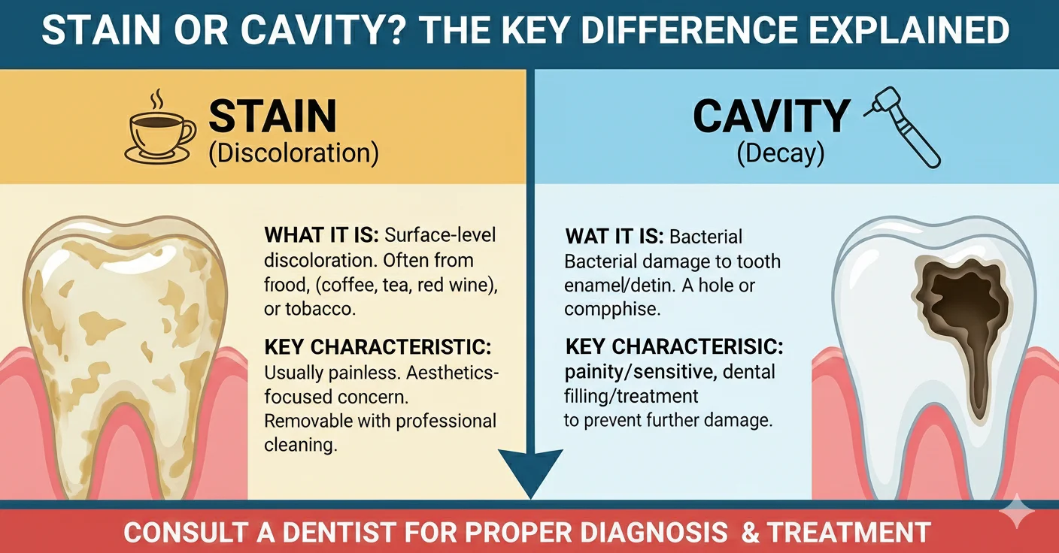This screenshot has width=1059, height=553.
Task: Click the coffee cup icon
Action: pyautogui.click(x=158, y=135)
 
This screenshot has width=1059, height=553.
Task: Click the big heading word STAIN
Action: pyautogui.click(x=272, y=117)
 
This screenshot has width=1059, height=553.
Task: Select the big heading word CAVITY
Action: pyautogui.click(x=771, y=117)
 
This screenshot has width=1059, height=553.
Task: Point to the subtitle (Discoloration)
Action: pyautogui.click(x=293, y=153)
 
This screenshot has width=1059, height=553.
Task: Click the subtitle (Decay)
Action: pyautogui.click(x=780, y=153)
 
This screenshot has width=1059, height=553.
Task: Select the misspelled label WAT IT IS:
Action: pyautogui.click(x=614, y=237)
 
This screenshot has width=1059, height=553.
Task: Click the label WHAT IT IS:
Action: pyautogui.click(x=322, y=235)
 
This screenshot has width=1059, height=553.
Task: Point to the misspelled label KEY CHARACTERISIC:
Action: pyautogui.click(x=674, y=348)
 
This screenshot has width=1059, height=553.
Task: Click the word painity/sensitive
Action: pyautogui.click(x=637, y=373)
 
